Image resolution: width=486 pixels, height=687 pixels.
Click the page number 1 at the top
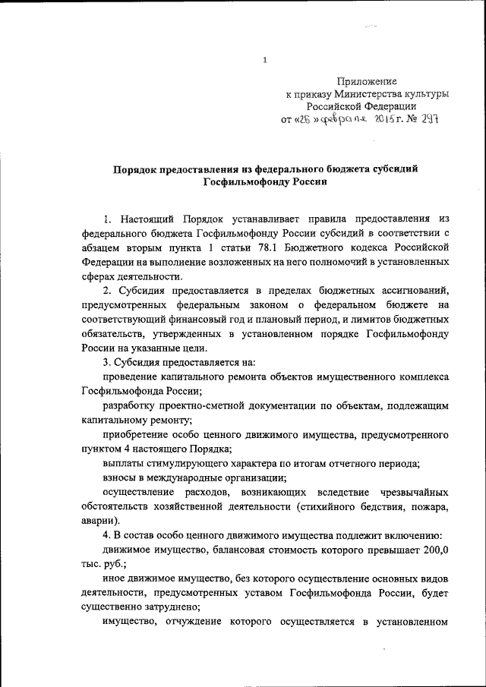264,60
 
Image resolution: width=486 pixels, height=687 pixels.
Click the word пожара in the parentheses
428,506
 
